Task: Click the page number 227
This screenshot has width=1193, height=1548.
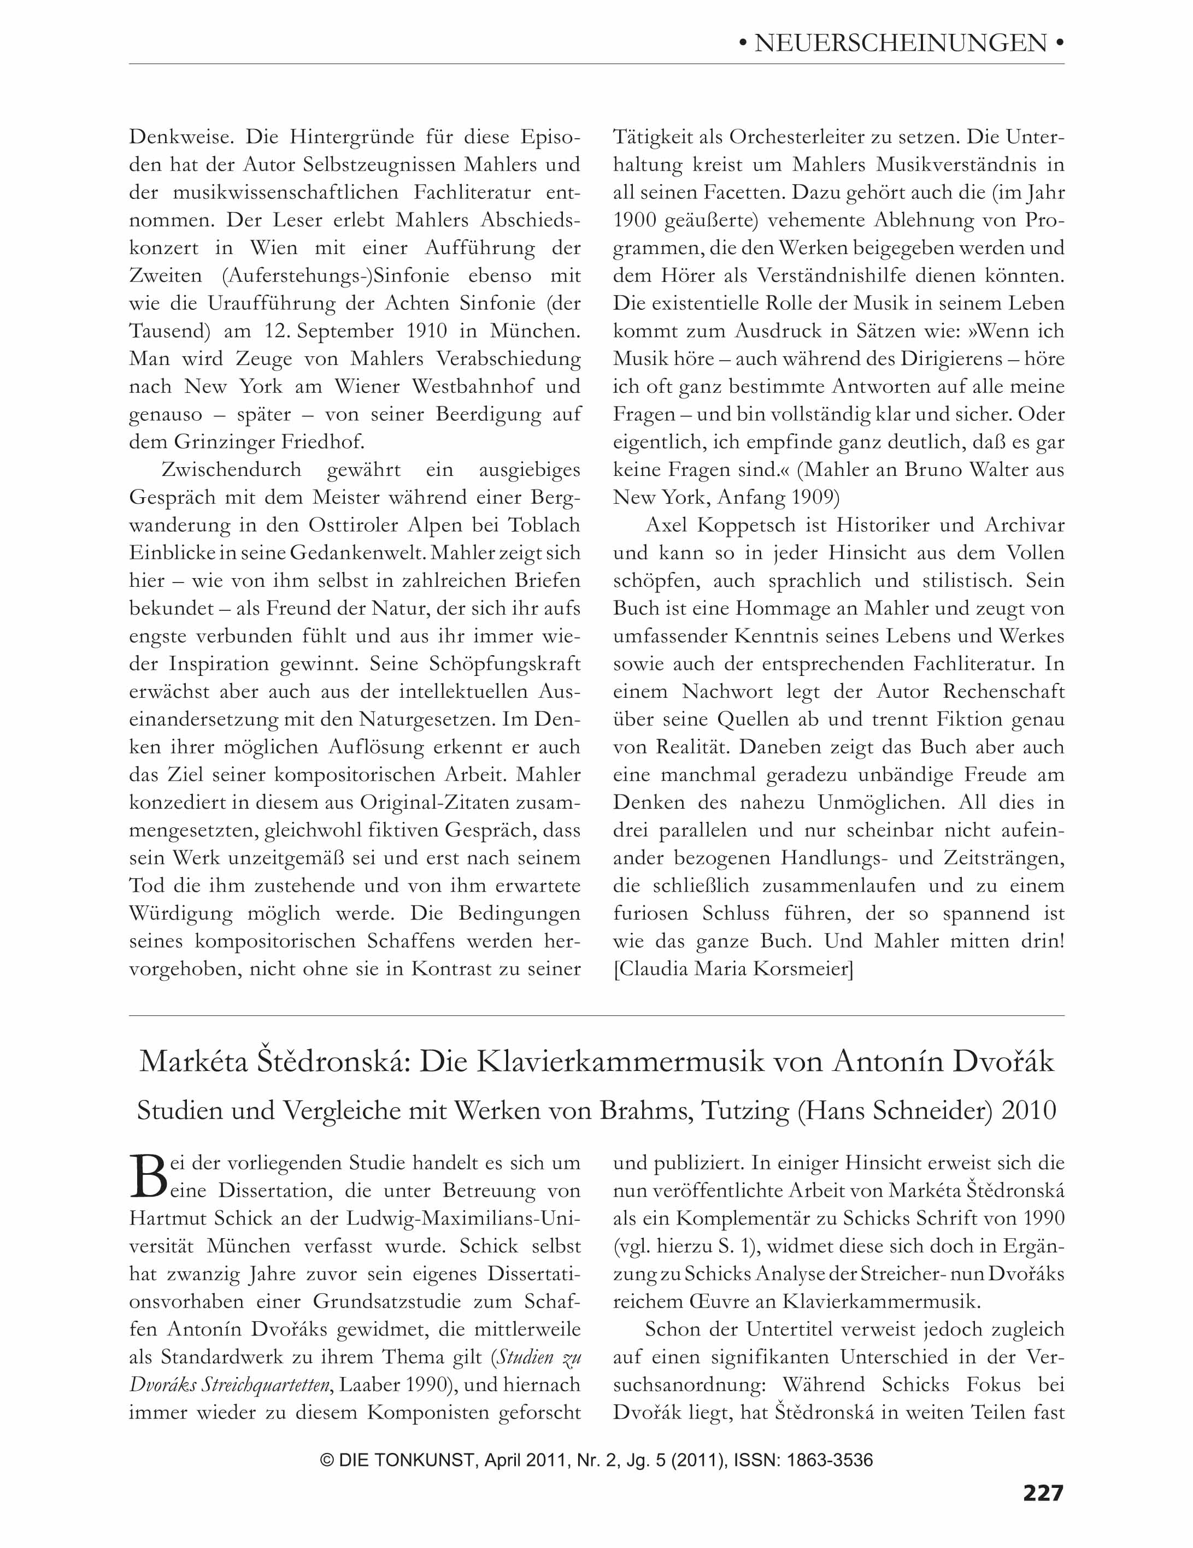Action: click(1043, 1493)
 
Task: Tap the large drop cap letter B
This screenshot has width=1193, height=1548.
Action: click(149, 1178)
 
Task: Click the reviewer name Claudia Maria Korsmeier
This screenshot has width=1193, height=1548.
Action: click(733, 968)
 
